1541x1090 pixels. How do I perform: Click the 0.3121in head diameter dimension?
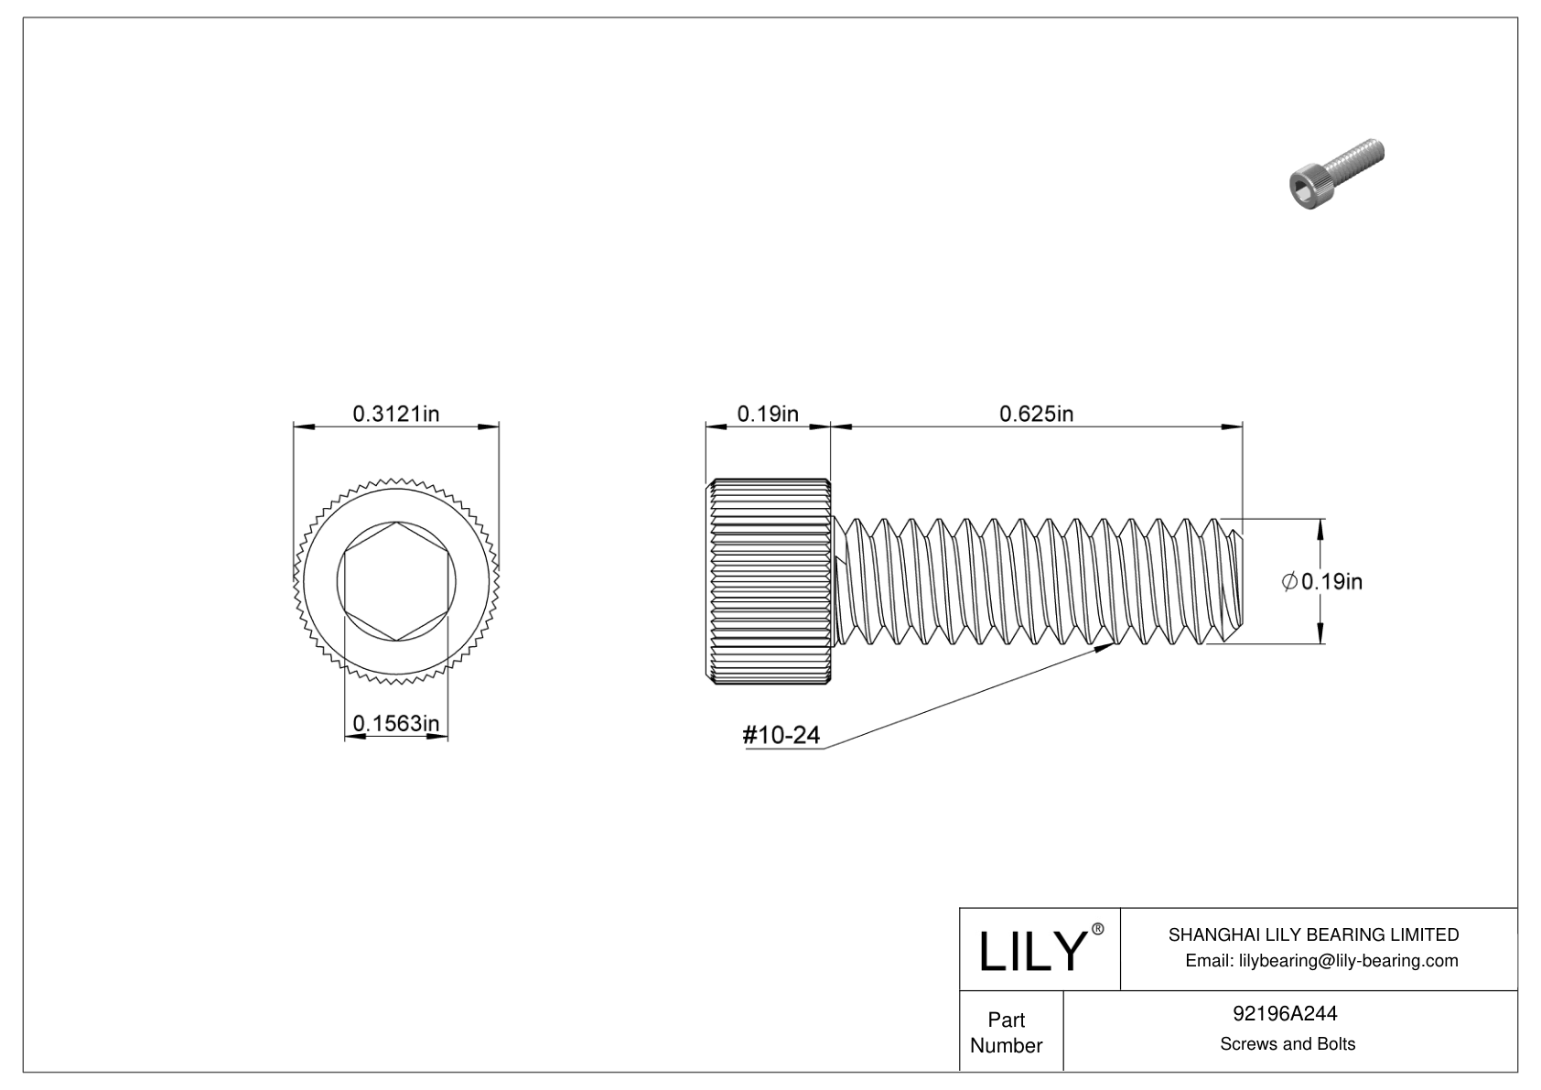coord(395,414)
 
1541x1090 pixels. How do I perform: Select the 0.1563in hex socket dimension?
coord(395,724)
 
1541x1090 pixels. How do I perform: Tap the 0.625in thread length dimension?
coord(1036,414)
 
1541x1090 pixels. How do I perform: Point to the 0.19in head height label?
coord(768,414)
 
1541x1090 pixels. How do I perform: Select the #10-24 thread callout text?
coord(781,735)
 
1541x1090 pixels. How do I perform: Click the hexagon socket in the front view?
coord(395,581)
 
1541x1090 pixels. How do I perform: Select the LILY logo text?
coord(1030,952)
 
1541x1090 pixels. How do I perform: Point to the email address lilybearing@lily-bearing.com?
coord(1321,960)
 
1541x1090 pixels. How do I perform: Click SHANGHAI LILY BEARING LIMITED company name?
coord(1313,934)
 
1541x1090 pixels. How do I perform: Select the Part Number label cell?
coord(1007,1032)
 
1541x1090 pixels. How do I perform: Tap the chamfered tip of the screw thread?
coord(1234,581)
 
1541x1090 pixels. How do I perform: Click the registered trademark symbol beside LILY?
coord(1098,929)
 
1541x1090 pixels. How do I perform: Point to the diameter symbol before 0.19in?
coord(1288,581)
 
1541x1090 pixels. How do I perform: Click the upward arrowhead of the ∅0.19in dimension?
coord(1320,526)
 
